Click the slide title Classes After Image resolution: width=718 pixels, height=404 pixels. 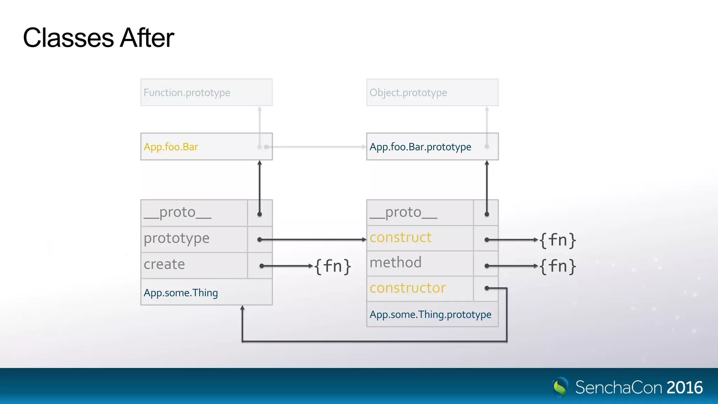[98, 38]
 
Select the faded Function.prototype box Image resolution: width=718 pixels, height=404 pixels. [206, 93]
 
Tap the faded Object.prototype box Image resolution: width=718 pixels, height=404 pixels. [432, 93]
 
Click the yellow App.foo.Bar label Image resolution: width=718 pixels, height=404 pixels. [171, 147]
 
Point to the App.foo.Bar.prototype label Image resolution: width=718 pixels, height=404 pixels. [420, 147]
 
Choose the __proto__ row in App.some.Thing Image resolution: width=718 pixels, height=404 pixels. [177, 213]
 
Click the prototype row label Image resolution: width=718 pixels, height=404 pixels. [176, 238]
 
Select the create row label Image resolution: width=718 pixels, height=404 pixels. [164, 264]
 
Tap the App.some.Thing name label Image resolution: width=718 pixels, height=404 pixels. [181, 293]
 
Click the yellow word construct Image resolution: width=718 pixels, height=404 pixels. [400, 238]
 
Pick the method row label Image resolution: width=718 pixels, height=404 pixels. [395, 263]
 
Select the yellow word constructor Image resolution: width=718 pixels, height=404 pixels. [407, 288]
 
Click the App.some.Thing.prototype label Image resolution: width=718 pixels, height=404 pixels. [430, 315]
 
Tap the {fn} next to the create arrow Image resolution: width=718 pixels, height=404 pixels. [332, 266]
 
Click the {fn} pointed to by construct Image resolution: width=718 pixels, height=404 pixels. [557, 240]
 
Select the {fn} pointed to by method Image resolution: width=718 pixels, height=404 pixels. [557, 266]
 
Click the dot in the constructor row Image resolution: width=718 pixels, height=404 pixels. [487, 288]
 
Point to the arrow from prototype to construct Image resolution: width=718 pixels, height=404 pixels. [312, 240]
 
